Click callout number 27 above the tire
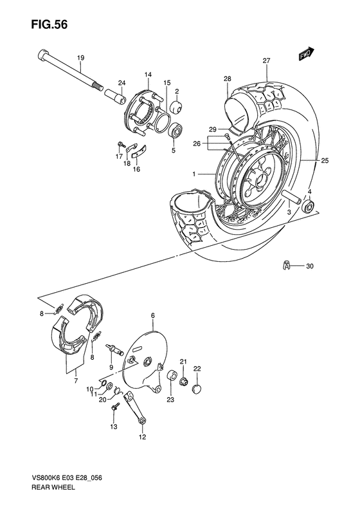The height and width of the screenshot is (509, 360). point(266,61)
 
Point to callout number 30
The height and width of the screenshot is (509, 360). point(310,266)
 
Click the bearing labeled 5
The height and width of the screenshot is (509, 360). point(175,133)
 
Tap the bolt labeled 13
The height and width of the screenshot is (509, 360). point(115,408)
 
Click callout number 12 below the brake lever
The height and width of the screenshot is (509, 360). point(141,438)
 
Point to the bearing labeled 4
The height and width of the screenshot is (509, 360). point(310,207)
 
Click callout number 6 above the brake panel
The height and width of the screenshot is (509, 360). point(153,315)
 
